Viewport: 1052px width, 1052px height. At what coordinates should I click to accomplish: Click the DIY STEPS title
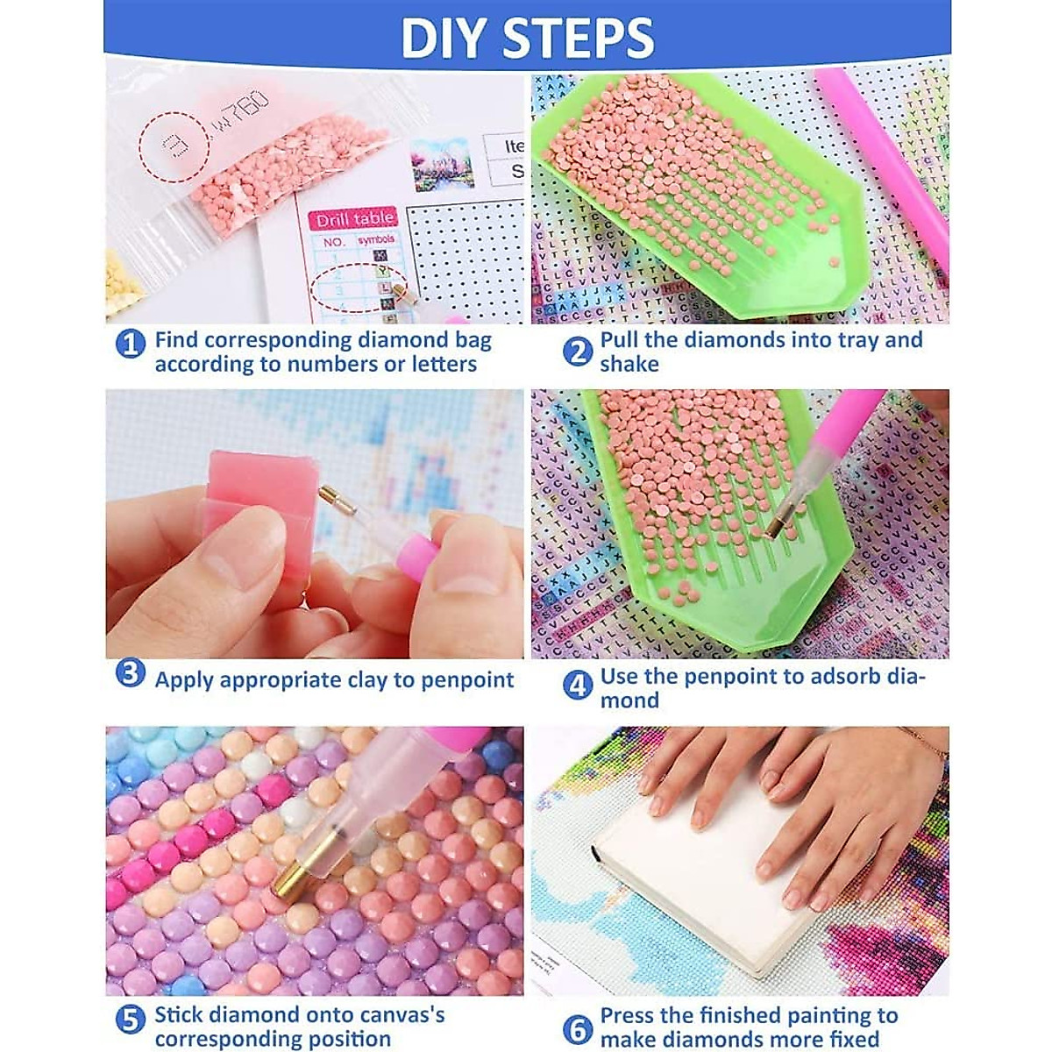pos(527,36)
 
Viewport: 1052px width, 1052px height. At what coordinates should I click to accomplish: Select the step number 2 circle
pos(577,352)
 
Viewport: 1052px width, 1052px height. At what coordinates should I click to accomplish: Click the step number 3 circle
pos(131,674)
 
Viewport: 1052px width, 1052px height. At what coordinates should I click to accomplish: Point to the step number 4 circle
pos(577,686)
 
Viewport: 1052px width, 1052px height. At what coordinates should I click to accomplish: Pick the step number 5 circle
pos(131,1020)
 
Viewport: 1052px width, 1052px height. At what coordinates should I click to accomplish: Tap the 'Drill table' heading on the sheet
pos(355,219)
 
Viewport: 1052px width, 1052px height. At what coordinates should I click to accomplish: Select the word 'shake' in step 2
pos(629,364)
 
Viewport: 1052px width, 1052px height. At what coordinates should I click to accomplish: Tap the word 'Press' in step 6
pos(629,1015)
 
